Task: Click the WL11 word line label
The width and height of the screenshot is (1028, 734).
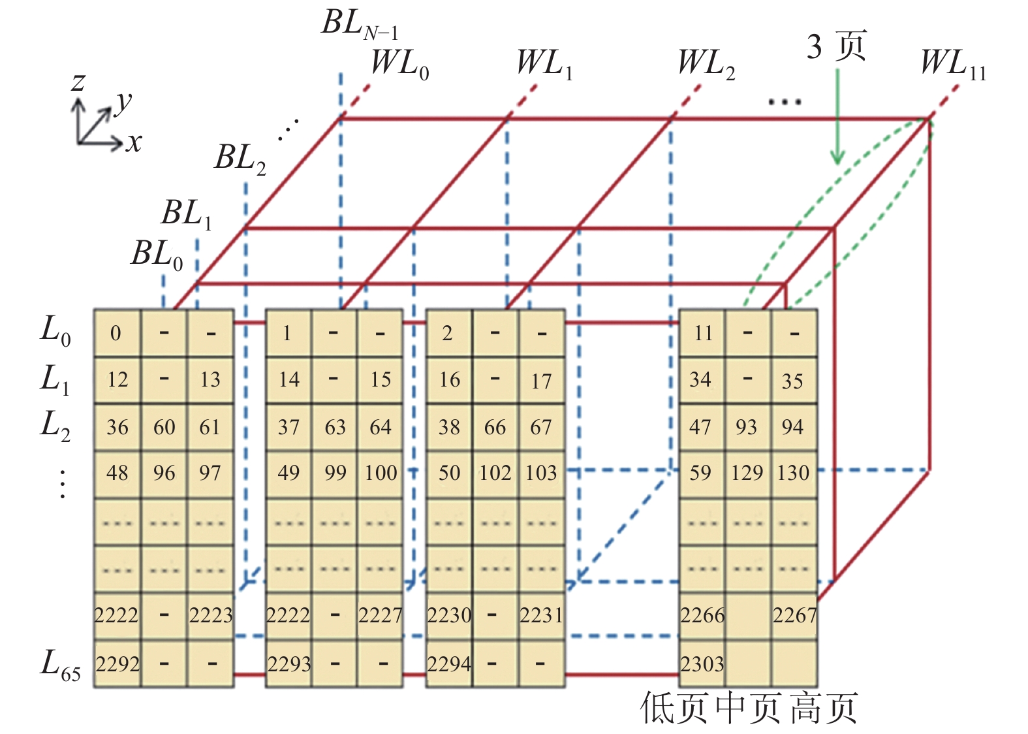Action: click(x=953, y=64)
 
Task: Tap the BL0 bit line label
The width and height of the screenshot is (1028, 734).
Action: click(x=157, y=254)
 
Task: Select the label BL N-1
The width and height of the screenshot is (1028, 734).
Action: click(x=360, y=24)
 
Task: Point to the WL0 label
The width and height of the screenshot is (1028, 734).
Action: click(x=399, y=64)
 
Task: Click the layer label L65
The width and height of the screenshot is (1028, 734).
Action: click(x=60, y=665)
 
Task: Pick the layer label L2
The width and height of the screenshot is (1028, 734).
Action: click(x=55, y=425)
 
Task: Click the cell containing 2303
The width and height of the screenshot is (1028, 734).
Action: click(x=702, y=664)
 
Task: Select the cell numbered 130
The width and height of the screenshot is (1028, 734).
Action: click(x=793, y=473)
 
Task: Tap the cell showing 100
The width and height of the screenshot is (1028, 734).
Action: click(x=381, y=473)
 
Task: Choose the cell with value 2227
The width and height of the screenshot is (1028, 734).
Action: click(x=380, y=615)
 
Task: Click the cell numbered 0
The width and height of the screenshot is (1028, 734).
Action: click(x=116, y=333)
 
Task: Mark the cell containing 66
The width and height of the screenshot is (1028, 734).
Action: click(x=495, y=427)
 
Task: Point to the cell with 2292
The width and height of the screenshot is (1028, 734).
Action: click(x=117, y=664)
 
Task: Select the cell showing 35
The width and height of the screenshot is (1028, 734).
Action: click(x=792, y=381)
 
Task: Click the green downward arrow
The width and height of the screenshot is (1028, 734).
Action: click(x=837, y=118)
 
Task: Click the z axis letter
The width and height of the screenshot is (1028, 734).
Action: click(x=78, y=82)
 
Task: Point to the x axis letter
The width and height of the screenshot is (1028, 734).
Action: click(x=134, y=142)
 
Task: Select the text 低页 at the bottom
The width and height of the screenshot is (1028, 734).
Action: click(x=674, y=709)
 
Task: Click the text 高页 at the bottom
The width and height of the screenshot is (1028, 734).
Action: click(x=824, y=709)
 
